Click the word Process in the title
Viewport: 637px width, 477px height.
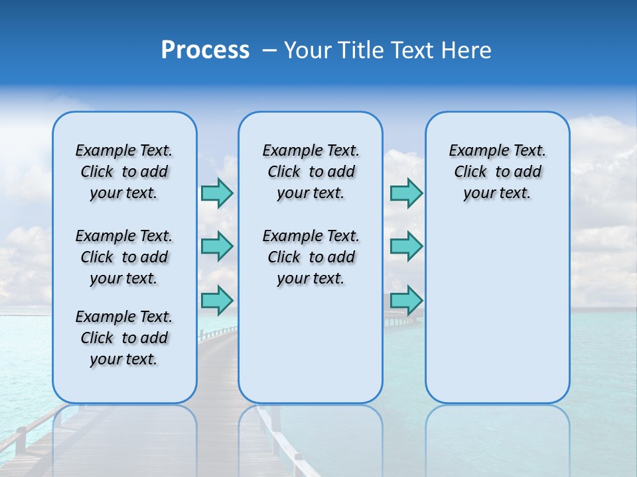[205, 50]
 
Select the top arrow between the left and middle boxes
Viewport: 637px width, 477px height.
[217, 193]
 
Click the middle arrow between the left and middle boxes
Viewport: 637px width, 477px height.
[217, 246]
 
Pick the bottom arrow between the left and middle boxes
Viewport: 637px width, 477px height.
[217, 300]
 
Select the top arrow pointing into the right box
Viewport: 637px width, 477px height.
[406, 193]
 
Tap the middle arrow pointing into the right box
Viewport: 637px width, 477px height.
[406, 246]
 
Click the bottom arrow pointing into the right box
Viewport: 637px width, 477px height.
[406, 300]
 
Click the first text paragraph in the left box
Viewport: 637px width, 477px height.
[124, 172]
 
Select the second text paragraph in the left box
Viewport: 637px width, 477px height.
[124, 257]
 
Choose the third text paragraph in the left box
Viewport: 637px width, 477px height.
[124, 338]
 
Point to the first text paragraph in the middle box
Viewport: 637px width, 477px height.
[311, 172]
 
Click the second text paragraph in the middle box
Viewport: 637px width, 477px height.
[311, 257]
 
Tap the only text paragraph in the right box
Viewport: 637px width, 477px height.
[497, 172]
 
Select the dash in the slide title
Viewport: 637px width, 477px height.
[269, 50]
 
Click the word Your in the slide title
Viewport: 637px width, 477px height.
[307, 50]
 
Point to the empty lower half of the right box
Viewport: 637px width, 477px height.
[497, 318]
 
